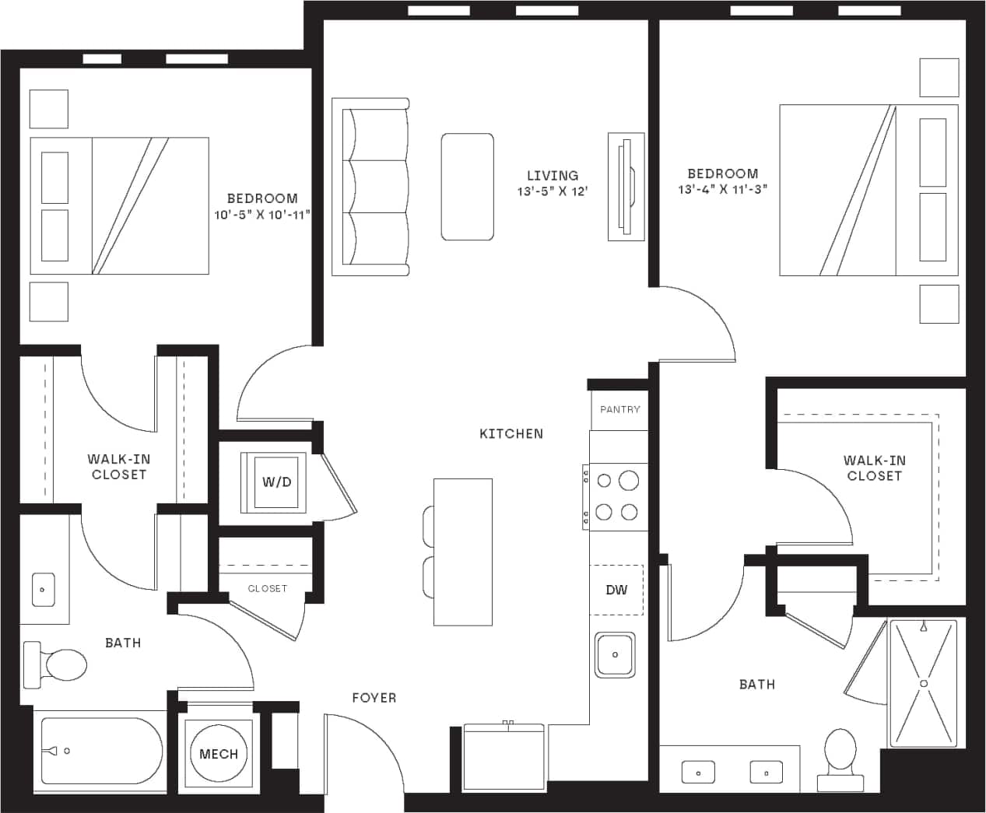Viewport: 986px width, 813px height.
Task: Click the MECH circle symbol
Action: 218,753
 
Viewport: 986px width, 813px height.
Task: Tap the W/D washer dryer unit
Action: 276,482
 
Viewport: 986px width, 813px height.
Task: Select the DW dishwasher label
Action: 616,590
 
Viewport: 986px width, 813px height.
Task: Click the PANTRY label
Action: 619,409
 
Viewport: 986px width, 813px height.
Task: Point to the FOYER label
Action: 374,698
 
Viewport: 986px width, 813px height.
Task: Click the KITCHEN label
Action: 511,433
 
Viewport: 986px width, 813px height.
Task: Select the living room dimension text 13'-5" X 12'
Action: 552,191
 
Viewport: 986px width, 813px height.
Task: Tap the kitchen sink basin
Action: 615,655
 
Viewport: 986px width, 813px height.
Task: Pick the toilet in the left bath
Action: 58,665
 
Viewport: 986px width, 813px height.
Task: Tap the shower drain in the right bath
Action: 924,683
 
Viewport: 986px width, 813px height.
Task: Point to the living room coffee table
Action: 468,187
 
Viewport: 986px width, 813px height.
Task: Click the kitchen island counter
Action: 463,552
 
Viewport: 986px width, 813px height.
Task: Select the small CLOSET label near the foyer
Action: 267,589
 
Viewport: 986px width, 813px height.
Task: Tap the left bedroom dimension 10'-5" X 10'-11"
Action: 262,214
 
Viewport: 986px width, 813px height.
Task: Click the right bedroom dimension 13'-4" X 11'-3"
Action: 722,189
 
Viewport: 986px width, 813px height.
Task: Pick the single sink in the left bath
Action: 43,590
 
